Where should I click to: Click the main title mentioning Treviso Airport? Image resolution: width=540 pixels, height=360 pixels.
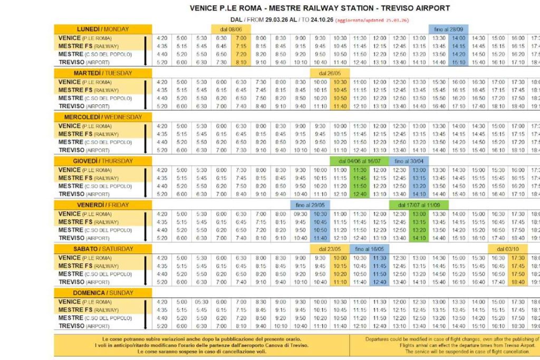320,8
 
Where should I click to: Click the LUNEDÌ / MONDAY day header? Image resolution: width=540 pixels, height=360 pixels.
103,29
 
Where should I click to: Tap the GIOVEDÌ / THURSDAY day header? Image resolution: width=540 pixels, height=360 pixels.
103,161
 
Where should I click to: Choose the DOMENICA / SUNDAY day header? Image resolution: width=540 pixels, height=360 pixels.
103,293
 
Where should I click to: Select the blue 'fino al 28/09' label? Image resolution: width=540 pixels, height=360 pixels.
449,30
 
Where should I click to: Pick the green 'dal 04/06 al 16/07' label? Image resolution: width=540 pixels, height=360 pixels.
359,161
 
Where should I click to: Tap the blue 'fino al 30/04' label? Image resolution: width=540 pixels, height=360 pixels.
409,161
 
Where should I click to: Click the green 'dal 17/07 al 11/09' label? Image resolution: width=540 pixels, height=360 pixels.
419,205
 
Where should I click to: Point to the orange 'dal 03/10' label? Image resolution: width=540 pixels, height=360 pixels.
507,249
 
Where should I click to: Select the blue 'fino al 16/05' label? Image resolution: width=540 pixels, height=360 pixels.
369,249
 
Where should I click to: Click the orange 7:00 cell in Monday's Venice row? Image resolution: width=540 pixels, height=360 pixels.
241,38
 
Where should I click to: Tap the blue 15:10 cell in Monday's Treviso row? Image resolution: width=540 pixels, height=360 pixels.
459,62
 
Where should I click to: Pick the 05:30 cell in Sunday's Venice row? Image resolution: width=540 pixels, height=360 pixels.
201,302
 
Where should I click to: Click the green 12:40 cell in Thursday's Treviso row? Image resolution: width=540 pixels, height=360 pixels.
360,194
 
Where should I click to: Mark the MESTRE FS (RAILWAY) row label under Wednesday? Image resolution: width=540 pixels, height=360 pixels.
89,134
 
